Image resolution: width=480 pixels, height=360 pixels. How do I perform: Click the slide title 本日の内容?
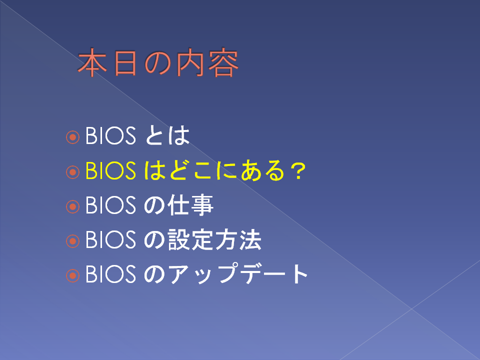tap(158, 62)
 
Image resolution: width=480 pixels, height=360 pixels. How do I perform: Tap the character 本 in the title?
tap(92, 62)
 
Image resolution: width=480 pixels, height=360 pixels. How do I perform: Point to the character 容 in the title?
tap(223, 62)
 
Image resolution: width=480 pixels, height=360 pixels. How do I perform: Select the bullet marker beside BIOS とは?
tap(73, 137)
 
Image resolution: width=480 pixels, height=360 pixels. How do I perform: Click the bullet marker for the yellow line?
tap(73, 171)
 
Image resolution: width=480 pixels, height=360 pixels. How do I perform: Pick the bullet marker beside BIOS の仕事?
tap(73, 206)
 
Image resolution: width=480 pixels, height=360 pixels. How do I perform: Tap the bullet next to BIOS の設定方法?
tap(73, 241)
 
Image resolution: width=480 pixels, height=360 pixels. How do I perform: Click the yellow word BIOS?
tap(110, 170)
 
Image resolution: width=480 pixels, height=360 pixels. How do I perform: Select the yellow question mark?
tap(298, 171)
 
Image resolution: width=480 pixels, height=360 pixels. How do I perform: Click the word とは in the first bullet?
tap(167, 135)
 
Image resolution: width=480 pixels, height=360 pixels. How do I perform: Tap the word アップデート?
tap(238, 273)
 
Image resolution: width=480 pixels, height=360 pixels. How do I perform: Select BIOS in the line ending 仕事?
tap(110, 205)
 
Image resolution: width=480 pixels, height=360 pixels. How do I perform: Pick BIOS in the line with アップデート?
tap(110, 274)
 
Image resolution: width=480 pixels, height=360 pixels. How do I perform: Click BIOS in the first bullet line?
tap(110, 135)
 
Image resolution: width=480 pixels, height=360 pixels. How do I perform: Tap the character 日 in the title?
tap(125, 63)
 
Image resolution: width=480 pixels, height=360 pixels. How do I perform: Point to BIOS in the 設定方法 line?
tap(110, 239)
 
